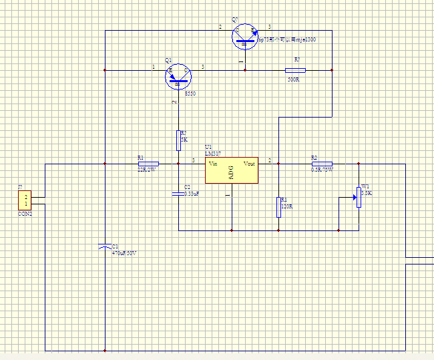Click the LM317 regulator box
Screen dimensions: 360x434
pyautogui.click(x=232, y=170)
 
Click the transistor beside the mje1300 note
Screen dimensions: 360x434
pyautogui.click(x=245, y=35)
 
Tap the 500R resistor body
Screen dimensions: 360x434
pyautogui.click(x=294, y=70)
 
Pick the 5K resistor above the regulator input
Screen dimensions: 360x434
pyautogui.click(x=178, y=140)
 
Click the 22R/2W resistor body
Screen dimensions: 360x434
pyautogui.click(x=148, y=164)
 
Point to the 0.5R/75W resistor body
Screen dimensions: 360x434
pyautogui.click(x=321, y=164)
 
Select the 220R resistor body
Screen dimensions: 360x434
pyautogui.click(x=278, y=207)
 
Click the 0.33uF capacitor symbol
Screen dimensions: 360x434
pyautogui.click(x=178, y=193)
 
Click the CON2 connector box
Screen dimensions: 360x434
pyautogui.click(x=24, y=200)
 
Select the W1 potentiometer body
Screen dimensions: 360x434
pyautogui.click(x=359, y=197)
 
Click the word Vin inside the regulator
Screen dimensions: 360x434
pyautogui.click(x=213, y=164)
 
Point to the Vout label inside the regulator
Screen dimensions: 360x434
pyautogui.click(x=249, y=164)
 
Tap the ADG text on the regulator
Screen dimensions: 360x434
pyautogui.click(x=232, y=172)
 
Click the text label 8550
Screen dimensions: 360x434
pyautogui.click(x=190, y=94)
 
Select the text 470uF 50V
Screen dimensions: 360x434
pyautogui.click(x=124, y=253)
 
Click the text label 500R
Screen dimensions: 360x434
pyautogui.click(x=293, y=79)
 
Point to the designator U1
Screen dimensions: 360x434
pyautogui.click(x=208, y=146)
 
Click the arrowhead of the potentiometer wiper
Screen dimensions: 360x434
pyautogui.click(x=353, y=198)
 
